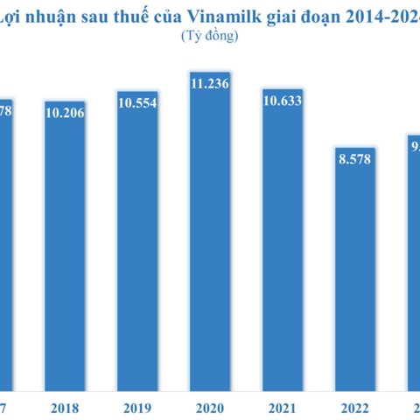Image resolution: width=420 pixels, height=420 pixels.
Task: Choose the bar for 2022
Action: point(355,271)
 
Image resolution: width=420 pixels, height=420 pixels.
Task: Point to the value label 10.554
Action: point(137,103)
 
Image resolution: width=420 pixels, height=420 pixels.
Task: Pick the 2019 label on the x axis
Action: point(137,408)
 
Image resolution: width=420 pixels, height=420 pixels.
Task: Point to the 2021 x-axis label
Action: point(283,408)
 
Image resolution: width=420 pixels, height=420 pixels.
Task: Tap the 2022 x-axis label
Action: point(355,408)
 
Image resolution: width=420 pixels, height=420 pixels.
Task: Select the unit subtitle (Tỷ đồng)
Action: point(210,36)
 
